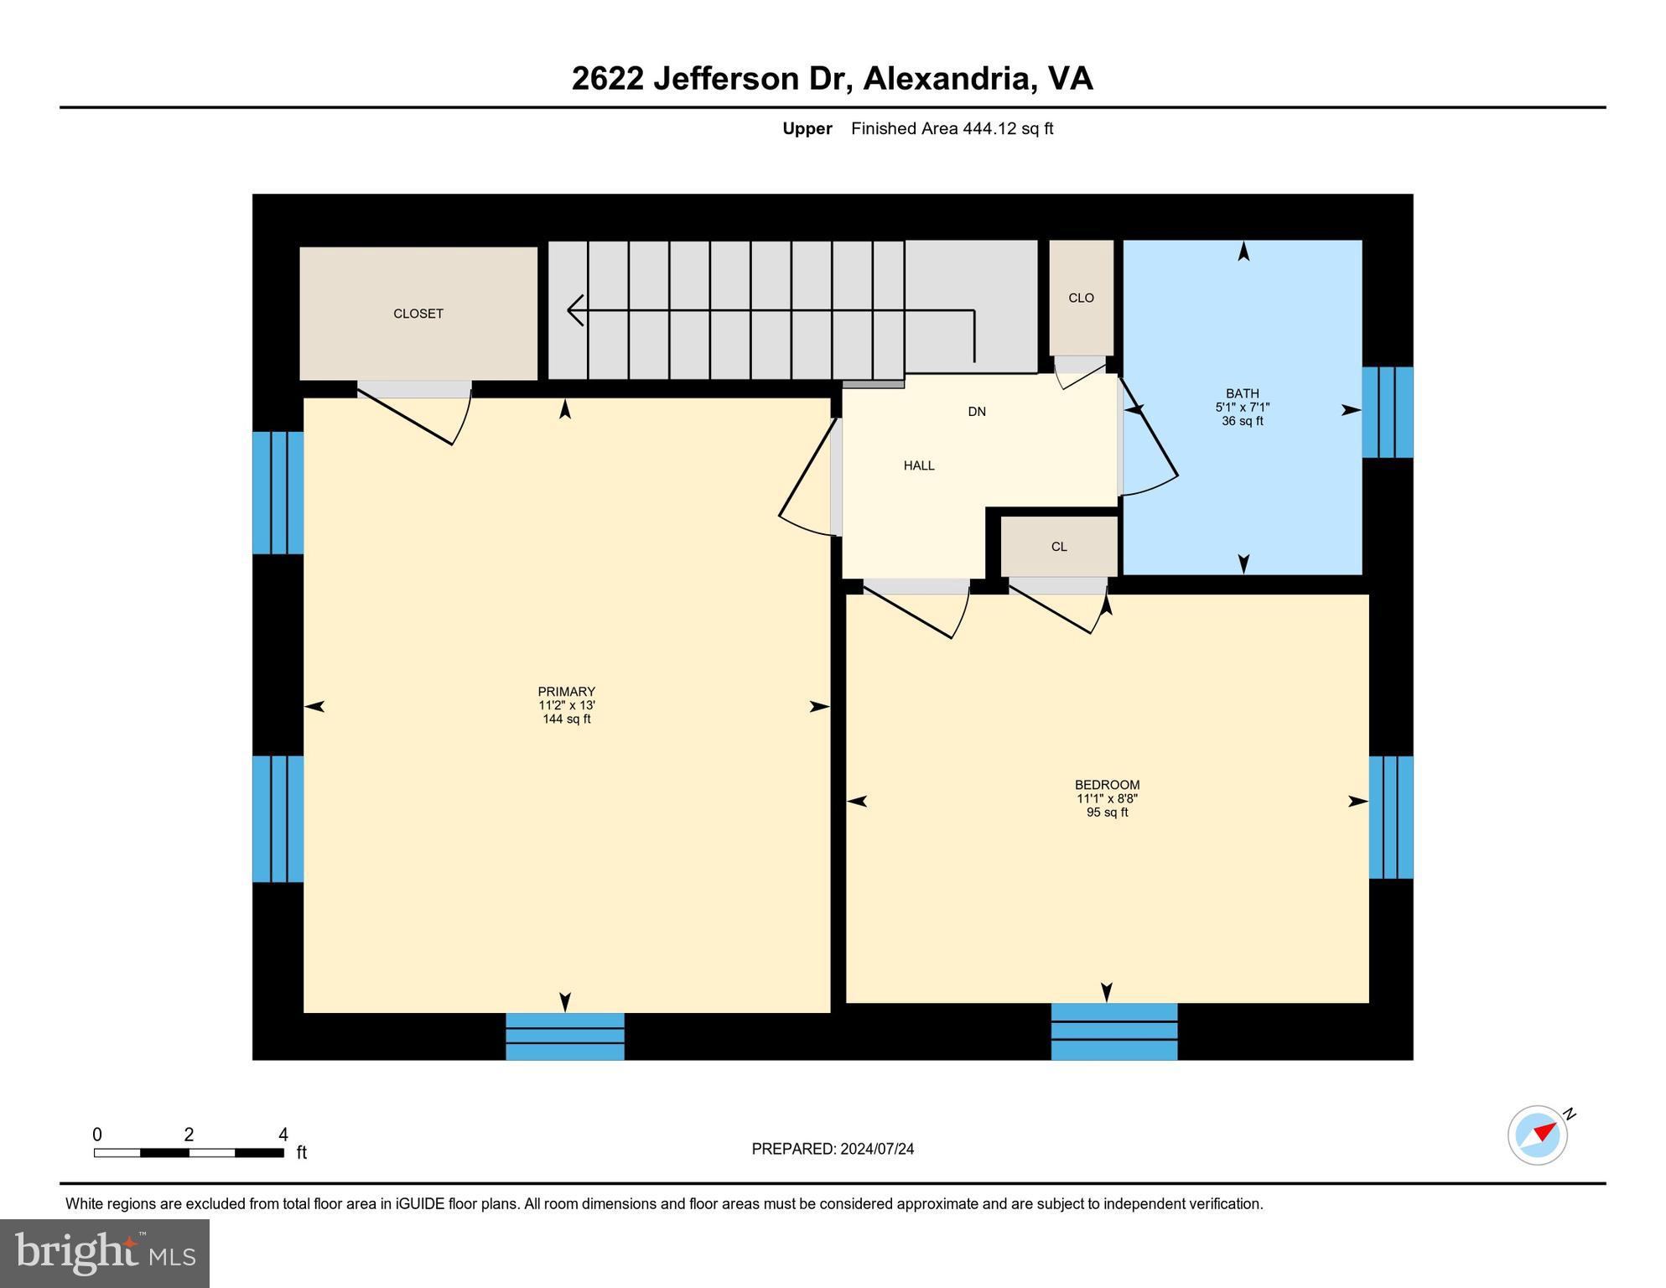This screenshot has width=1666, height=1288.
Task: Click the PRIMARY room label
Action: [x=566, y=693]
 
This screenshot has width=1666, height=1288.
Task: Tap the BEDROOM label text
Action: [x=1107, y=786]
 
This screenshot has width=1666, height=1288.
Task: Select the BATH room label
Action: [x=1242, y=394]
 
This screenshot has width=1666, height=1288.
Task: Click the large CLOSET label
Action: [x=418, y=314]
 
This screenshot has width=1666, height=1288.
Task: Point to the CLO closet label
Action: [x=1081, y=298]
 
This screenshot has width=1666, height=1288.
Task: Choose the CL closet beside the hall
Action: [x=1058, y=547]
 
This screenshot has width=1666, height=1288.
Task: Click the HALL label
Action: [x=918, y=465]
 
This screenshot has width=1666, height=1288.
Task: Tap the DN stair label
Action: [x=976, y=412]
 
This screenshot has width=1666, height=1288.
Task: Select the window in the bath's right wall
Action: [x=1387, y=412]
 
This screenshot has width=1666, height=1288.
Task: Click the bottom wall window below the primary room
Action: [x=564, y=1036]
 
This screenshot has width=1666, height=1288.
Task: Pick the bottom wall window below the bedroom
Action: [x=1113, y=1031]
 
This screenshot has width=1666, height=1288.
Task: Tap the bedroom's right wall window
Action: [x=1390, y=817]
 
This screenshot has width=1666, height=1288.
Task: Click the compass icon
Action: [x=1537, y=1135]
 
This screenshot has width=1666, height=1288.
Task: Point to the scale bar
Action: [x=189, y=1152]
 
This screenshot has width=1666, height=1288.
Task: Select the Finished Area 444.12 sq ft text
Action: [x=951, y=128]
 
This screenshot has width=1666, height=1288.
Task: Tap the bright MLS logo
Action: [x=105, y=1253]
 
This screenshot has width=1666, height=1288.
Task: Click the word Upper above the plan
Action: [x=807, y=128]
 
